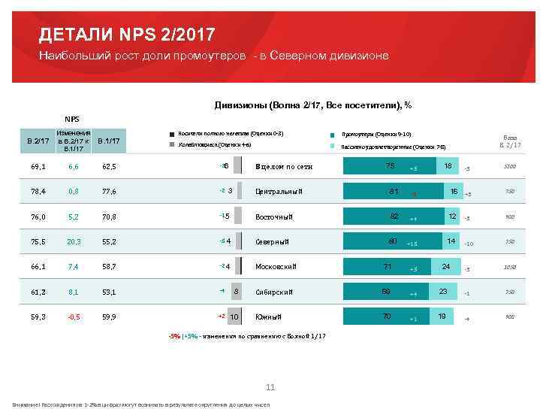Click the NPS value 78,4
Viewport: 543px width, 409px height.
[38, 191]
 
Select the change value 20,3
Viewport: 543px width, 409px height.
[73, 241]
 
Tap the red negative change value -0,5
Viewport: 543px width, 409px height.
[73, 317]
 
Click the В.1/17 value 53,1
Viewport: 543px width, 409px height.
[110, 292]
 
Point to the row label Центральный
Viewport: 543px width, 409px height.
[279, 191]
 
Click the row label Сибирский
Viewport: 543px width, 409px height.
[273, 292]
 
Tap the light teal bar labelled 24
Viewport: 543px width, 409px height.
[445, 266]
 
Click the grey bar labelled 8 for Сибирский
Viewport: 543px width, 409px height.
[235, 292]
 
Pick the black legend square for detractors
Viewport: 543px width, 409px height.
[172, 133]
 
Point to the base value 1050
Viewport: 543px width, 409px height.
[510, 267]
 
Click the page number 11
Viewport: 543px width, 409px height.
[270, 386]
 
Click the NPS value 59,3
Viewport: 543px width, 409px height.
[38, 317]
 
